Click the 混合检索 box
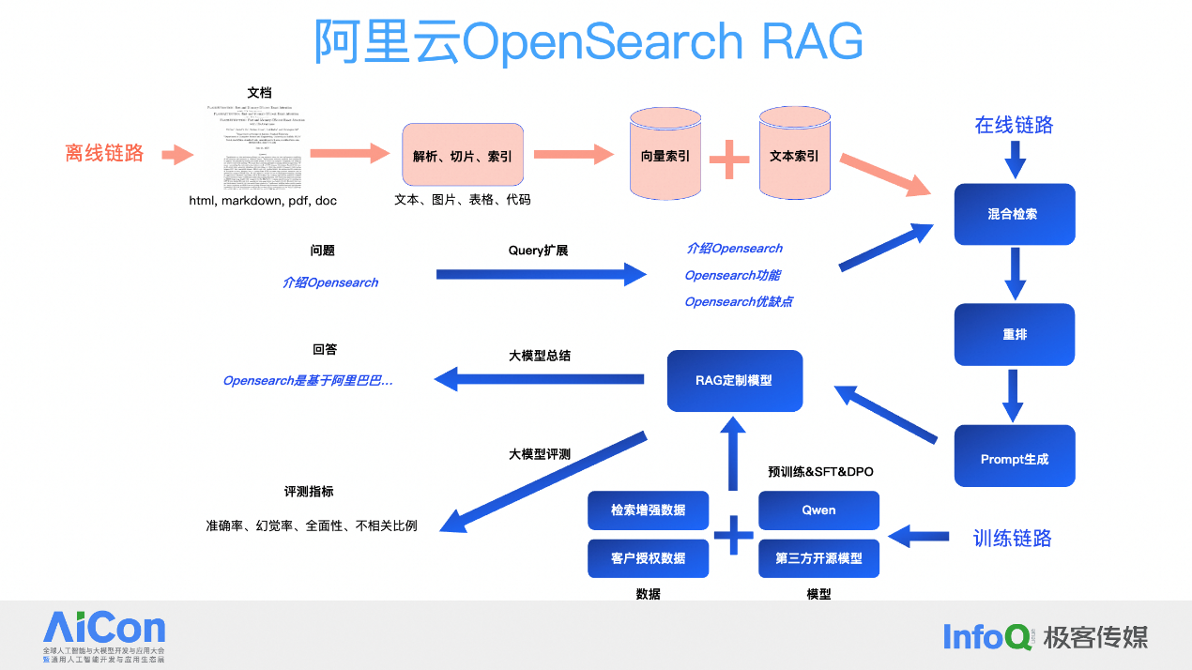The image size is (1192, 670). (x=1014, y=214)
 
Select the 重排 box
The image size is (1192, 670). (x=1014, y=334)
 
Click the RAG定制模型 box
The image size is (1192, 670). (x=734, y=380)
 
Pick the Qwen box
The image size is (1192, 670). (x=818, y=510)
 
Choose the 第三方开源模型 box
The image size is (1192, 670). (x=818, y=557)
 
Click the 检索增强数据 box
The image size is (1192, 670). (x=648, y=510)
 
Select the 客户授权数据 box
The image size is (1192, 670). (x=648, y=557)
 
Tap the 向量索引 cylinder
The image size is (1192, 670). (x=665, y=156)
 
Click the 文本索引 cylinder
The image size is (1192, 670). (x=793, y=156)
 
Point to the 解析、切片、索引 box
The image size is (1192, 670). (x=462, y=155)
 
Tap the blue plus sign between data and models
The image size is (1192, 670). (x=734, y=535)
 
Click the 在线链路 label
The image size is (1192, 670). (x=1014, y=125)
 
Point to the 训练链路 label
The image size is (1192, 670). (x=1012, y=538)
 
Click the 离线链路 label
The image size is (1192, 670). (x=104, y=154)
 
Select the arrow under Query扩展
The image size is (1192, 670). (x=542, y=275)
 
